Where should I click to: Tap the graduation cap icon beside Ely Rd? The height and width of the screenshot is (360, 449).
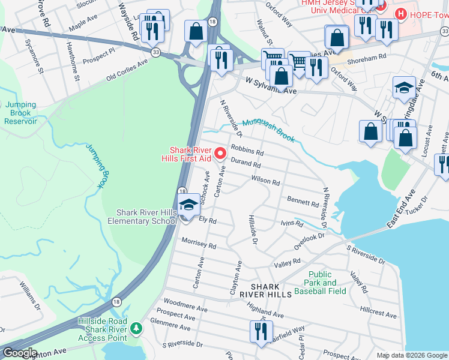tap(188, 204)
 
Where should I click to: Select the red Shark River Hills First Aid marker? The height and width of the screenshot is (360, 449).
tap(221, 154)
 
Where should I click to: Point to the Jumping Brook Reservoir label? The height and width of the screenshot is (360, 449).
tap(21, 113)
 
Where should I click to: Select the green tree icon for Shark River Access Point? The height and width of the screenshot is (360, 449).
tap(137, 328)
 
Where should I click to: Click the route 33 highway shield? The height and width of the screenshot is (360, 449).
tap(155, 52)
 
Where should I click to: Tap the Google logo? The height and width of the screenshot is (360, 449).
tap(19, 352)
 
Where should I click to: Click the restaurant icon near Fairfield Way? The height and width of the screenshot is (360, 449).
tap(261, 332)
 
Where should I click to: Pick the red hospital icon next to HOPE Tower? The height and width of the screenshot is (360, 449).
tap(399, 13)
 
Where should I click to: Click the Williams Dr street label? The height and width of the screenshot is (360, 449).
tap(29, 295)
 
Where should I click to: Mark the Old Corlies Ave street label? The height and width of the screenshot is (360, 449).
tap(127, 70)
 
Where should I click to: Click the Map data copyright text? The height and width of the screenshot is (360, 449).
tap(411, 355)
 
